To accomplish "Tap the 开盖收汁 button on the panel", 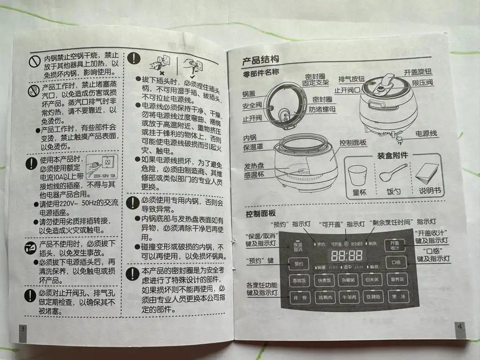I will coord(395,245).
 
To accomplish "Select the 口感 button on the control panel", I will coord(396,262).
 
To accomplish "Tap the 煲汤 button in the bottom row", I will coord(399,297).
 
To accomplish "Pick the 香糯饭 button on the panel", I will coord(299,280).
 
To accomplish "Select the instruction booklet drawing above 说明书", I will coord(426,173).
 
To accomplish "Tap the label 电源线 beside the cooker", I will coord(426,134).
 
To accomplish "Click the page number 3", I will coord(23,329).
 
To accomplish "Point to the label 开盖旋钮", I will coord(418,72).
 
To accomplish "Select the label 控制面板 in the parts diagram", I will coord(353,143).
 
